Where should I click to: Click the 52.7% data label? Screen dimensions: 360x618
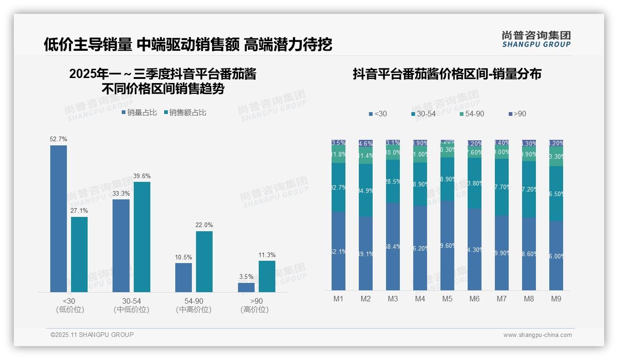(x=59, y=139)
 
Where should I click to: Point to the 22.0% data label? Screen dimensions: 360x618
(x=204, y=225)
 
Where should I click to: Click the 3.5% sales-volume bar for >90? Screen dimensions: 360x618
(x=246, y=287)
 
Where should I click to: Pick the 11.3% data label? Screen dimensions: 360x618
(x=267, y=255)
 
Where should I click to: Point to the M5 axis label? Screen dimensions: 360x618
(x=447, y=299)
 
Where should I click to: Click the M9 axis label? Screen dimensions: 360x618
(x=556, y=299)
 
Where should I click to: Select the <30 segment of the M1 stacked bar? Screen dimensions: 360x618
(x=339, y=251)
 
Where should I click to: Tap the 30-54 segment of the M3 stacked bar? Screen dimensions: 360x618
(x=393, y=181)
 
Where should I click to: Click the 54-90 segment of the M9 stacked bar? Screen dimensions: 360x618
(x=556, y=156)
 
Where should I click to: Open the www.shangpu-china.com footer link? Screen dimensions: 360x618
(x=537, y=335)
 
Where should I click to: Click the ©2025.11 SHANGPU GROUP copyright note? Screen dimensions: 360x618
(x=92, y=335)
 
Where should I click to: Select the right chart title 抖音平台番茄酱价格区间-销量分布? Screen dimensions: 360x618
(x=447, y=74)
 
